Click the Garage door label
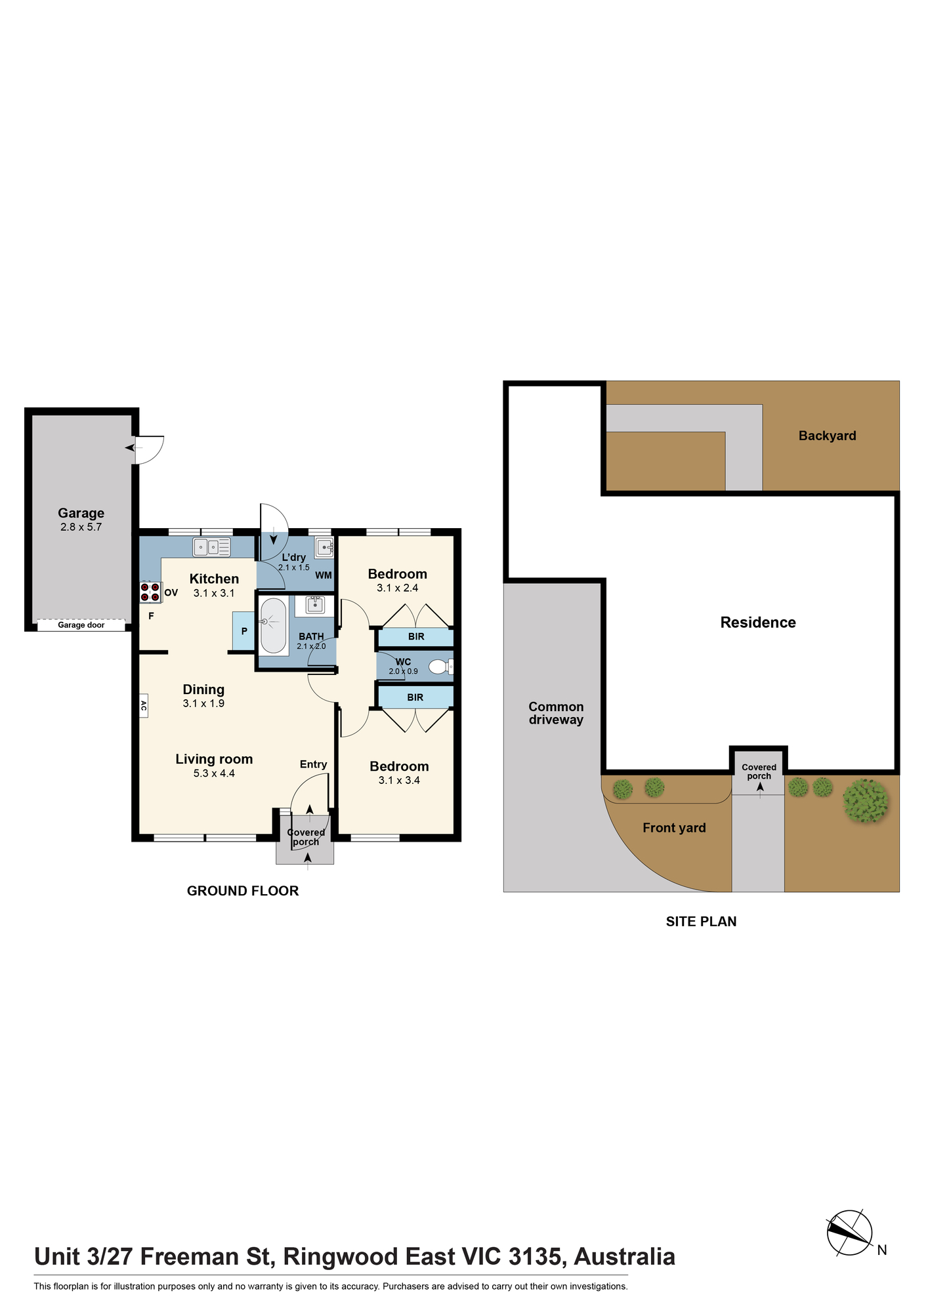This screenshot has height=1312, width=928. point(81,625)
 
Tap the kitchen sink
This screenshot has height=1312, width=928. point(211,546)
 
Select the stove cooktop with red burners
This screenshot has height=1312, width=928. point(150,592)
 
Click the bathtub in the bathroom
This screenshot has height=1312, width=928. point(274,626)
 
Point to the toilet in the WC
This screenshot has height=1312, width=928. point(441,667)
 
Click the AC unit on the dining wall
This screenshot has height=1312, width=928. point(143,706)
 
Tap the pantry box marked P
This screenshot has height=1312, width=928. point(243,631)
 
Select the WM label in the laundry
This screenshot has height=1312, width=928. point(324,575)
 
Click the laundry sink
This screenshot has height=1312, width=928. point(324,547)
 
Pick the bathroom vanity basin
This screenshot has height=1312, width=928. point(315,605)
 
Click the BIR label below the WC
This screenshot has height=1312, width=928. point(415,697)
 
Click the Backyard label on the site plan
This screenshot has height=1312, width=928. point(827,436)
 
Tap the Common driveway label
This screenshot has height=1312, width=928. point(556,713)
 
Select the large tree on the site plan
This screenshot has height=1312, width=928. point(866,801)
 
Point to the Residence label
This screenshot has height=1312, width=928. point(758,623)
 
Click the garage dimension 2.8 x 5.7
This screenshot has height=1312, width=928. point(81,527)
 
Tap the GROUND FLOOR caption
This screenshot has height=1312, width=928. point(243,891)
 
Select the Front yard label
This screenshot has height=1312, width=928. point(674,828)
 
